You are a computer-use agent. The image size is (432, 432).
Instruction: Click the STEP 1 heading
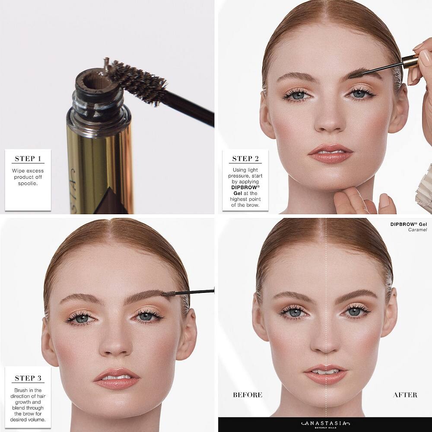tap(28, 159)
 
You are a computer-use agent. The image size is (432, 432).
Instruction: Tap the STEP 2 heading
tap(245, 159)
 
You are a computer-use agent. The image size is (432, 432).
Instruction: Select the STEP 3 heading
tap(28, 378)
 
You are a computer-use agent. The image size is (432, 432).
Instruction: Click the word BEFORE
tap(248, 395)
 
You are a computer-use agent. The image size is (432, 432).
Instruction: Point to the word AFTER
tap(405, 395)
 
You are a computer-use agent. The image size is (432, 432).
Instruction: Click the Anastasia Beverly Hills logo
tap(325, 424)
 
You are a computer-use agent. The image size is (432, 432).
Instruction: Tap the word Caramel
tap(417, 230)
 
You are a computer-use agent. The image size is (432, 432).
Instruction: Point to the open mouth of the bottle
tap(95, 80)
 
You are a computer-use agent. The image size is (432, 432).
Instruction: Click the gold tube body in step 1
tap(100, 165)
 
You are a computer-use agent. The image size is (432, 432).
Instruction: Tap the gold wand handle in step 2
tap(410, 61)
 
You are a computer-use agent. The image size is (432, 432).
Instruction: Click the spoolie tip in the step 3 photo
tap(168, 294)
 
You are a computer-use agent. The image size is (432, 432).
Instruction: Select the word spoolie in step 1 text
tap(28, 183)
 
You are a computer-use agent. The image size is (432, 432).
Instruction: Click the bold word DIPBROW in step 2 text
tap(245, 187)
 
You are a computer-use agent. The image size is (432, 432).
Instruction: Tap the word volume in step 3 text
tap(37, 419)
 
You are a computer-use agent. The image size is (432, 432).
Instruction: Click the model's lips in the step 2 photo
tap(330, 153)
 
